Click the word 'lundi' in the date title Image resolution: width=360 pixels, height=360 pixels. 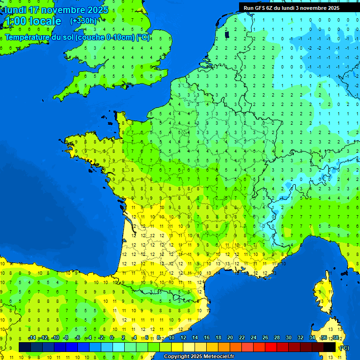pos(16,10)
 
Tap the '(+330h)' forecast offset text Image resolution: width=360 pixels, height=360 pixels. pos(83,21)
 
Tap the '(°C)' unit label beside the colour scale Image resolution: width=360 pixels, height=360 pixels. pos(344,347)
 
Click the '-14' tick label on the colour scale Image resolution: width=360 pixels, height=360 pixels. pos(32,337)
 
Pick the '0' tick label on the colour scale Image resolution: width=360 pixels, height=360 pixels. pos(112,337)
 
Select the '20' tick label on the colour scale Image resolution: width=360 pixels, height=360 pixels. pos(230,337)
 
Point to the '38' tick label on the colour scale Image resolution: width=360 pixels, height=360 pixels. pos(335,337)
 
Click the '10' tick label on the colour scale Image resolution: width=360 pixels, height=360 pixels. pos(172,337)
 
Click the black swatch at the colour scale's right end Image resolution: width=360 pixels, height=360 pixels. pos(330,347)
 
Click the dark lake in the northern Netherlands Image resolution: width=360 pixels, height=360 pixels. pos(227,34)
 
